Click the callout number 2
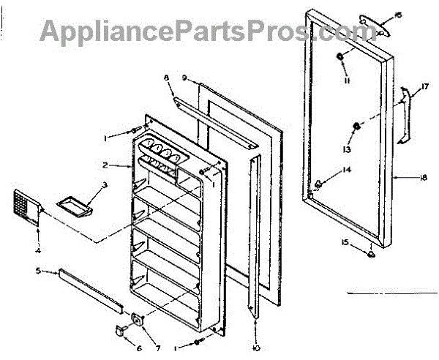(x=105, y=165)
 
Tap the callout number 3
(x=105, y=185)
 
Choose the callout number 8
(x=166, y=77)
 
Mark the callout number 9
(x=185, y=77)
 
